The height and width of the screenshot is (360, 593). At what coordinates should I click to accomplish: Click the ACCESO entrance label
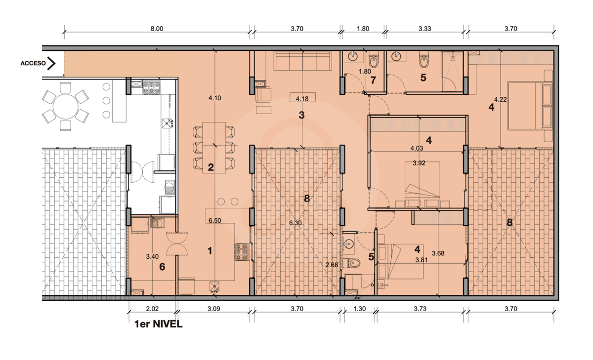tap(33, 63)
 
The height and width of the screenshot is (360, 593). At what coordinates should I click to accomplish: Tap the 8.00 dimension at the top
tap(157, 29)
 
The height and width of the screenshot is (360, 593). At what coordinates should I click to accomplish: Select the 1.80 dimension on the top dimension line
tap(363, 29)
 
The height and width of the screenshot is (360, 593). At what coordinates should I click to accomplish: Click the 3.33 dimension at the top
tap(425, 29)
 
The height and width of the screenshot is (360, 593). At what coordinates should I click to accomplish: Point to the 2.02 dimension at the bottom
tap(152, 309)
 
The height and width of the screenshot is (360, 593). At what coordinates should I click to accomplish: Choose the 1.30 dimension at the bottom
tap(360, 309)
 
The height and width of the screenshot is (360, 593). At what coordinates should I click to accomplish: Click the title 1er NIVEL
tap(158, 324)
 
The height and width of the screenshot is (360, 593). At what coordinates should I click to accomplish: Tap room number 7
tap(373, 80)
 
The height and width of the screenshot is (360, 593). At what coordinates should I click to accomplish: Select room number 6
tap(162, 267)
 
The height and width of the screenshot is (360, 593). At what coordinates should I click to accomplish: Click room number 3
tap(301, 115)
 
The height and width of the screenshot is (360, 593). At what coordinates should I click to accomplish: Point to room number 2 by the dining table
tap(211, 167)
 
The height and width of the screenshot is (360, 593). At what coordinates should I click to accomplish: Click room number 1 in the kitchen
tap(210, 251)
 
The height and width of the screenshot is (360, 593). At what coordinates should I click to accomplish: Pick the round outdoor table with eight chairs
tap(65, 107)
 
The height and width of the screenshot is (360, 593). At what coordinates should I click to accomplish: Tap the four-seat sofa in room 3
tap(302, 61)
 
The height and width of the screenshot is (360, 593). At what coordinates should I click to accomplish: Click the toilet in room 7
tap(374, 61)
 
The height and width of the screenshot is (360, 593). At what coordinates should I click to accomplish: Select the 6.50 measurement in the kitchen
tap(214, 221)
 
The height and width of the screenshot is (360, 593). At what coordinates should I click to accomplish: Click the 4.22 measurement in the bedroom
tap(500, 99)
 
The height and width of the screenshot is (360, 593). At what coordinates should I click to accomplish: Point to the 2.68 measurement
tap(332, 265)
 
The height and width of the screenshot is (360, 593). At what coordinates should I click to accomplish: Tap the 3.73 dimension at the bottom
tap(420, 309)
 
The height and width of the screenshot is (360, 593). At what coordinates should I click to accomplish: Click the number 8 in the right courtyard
tap(509, 223)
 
